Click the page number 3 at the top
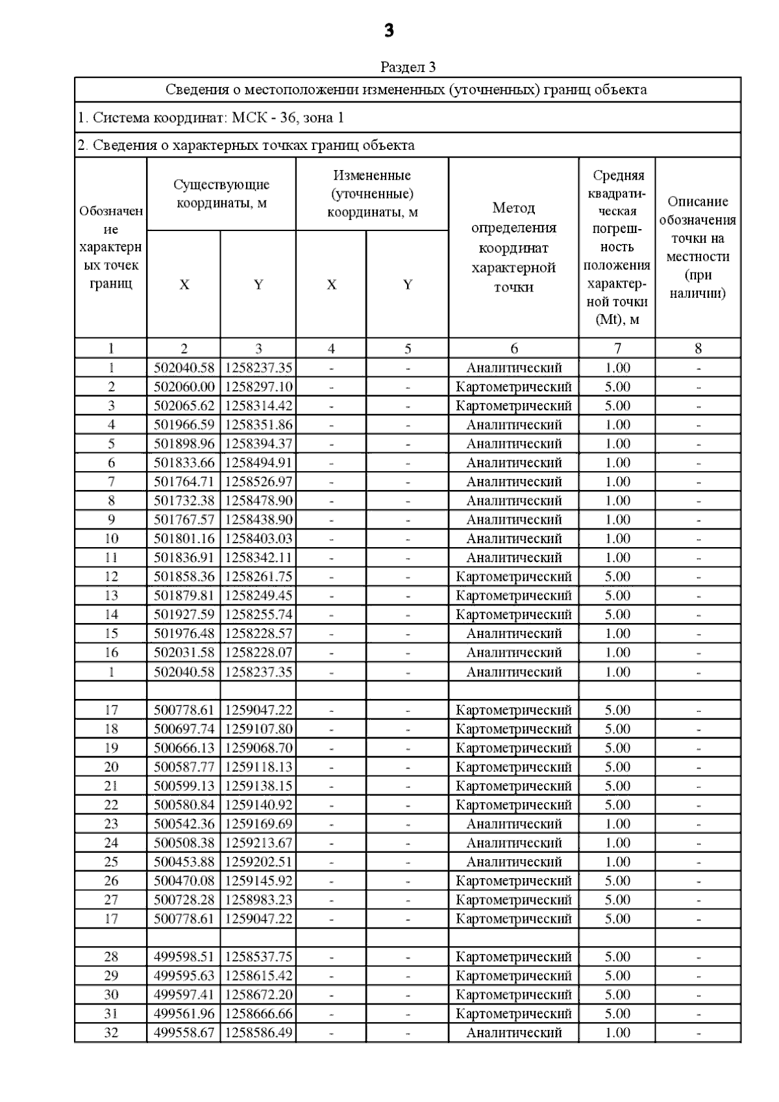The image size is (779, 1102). pos(389,31)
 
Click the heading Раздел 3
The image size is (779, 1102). pos(408,67)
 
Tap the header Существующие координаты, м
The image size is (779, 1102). pos(221,193)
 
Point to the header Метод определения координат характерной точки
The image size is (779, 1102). pos(513,247)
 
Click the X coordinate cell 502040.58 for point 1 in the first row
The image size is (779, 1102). pos(184,368)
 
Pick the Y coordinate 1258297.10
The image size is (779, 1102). pos(258,387)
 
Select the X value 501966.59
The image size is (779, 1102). pos(184,425)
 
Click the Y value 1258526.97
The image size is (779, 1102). pos(258,482)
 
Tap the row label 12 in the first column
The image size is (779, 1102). pos(111,577)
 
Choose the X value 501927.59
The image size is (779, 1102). pos(184,615)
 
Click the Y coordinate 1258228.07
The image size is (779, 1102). pos(258,653)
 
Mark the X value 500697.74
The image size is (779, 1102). pos(184,729)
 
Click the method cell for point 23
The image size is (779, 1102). pos(513,824)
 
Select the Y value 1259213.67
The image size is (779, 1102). pos(258,843)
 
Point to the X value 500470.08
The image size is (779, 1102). pos(184,881)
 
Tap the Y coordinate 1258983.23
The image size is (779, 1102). pos(258,900)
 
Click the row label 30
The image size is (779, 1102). pos(111,995)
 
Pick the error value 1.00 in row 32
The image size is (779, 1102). pos(617,1033)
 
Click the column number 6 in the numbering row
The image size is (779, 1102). pos(513,349)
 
